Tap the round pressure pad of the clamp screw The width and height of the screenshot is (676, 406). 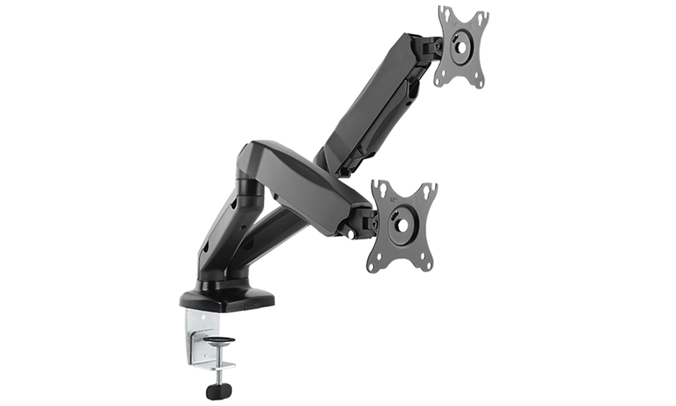pos(218,340)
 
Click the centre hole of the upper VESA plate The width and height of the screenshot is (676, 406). pos(460,47)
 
